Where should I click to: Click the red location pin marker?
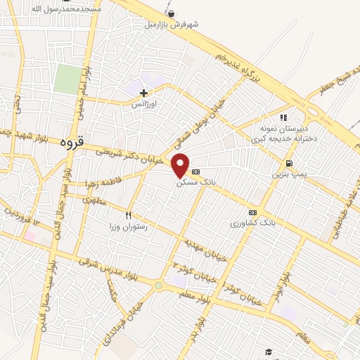(181, 165)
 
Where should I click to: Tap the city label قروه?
(71, 141)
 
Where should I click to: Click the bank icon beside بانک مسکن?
(195, 172)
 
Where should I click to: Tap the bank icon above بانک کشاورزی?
(252, 212)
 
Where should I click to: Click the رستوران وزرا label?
(127, 226)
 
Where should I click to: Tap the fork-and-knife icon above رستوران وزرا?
(128, 215)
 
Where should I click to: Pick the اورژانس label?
(143, 103)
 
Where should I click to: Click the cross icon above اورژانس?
(143, 93)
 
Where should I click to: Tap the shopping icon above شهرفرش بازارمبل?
(172, 13)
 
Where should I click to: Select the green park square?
(67, 79)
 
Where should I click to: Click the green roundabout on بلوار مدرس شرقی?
(159, 285)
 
